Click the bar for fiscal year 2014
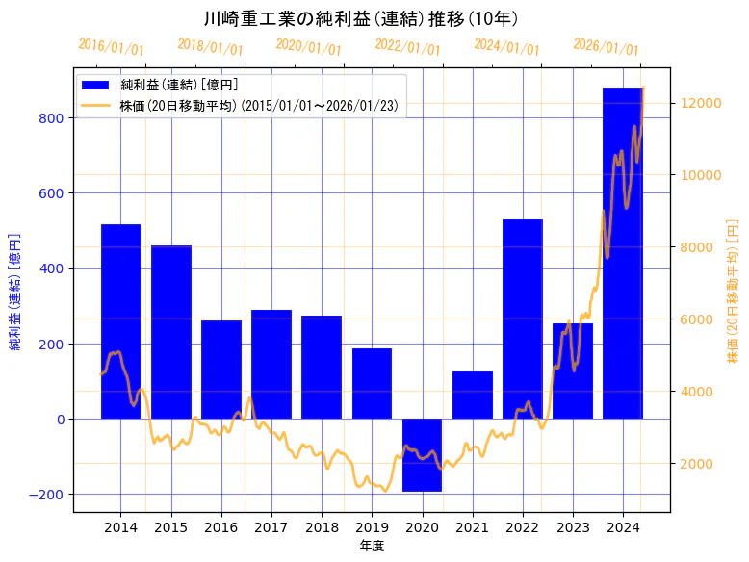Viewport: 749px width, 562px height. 120,321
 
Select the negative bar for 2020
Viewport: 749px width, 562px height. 422,455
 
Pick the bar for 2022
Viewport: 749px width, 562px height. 523,319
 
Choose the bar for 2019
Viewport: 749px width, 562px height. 372,383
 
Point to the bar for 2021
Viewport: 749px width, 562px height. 473,395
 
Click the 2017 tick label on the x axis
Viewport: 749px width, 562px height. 271,526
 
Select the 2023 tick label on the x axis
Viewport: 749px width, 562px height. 573,526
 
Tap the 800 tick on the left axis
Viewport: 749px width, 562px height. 52,118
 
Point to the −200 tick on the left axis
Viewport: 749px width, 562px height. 48,495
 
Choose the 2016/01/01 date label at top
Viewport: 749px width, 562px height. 111,47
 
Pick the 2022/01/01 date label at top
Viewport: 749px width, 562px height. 407,47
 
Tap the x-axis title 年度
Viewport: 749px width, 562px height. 372,546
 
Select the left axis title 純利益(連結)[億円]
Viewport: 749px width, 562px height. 15,290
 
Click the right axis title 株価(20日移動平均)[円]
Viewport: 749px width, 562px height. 733,290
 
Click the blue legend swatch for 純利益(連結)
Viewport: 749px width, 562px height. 97,86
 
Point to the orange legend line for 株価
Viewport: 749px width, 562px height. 97,105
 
